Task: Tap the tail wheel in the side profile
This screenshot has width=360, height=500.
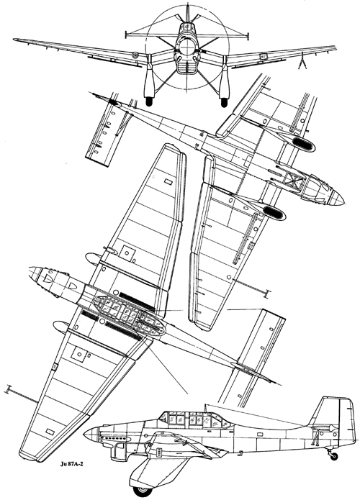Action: click(x=334, y=456)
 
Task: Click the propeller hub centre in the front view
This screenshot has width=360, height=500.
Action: click(x=187, y=47)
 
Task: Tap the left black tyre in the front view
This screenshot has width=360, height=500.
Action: click(x=149, y=101)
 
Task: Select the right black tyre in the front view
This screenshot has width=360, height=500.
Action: click(x=224, y=102)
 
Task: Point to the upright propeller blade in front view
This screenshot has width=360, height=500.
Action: click(x=188, y=14)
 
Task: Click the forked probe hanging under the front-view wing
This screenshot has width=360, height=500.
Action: click(x=302, y=62)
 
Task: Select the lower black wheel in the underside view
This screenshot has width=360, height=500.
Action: click(x=272, y=212)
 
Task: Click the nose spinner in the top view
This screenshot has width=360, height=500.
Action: click(x=35, y=273)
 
